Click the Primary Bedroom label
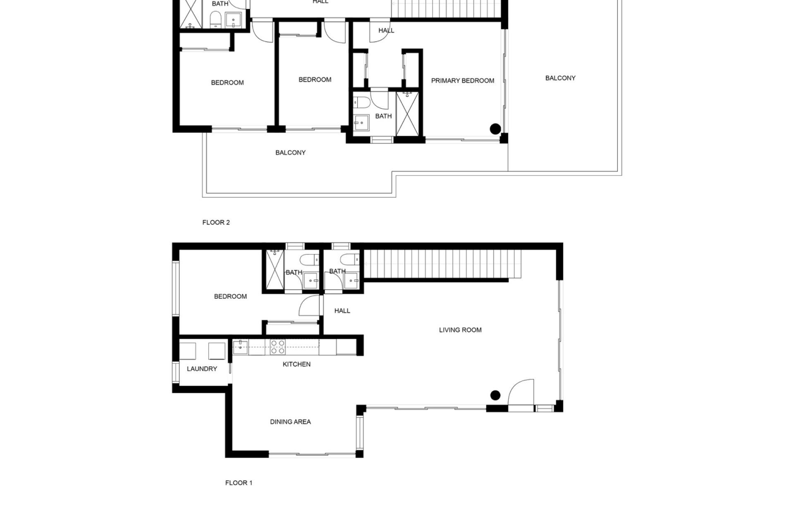pos(462,81)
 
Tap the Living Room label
pos(460,330)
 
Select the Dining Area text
pos(290,422)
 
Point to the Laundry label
pos(202,369)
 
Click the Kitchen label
pos(297,364)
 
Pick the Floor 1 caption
pos(239,483)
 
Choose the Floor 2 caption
pos(216,222)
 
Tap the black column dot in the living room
pos(495,395)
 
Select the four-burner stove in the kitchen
pos(277,347)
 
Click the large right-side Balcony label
pos(560,78)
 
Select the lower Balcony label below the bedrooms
pos(290,153)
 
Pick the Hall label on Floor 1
pos(342,311)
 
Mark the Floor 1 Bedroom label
pos(230,296)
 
